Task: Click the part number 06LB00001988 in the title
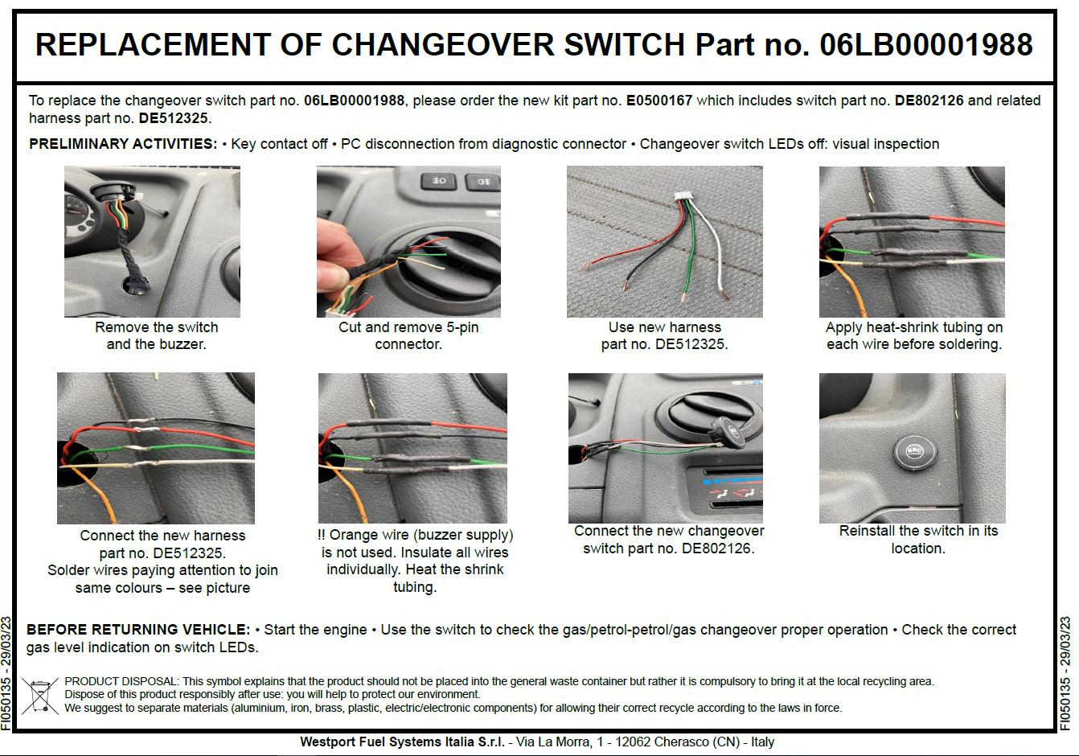pos(925,44)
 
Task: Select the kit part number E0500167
pos(658,101)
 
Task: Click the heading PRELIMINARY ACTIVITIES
pos(122,144)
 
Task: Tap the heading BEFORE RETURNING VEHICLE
pos(138,630)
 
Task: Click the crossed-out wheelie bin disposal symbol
pos(39,696)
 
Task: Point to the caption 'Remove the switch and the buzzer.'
pos(156,335)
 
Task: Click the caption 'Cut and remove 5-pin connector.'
pos(408,335)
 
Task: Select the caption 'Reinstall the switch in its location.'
pos(917,540)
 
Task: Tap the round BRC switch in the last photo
pos(914,451)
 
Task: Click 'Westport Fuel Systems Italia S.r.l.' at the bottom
pos(402,742)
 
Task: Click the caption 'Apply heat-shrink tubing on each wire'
pos(913,335)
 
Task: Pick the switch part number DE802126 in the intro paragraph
pos(929,101)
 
